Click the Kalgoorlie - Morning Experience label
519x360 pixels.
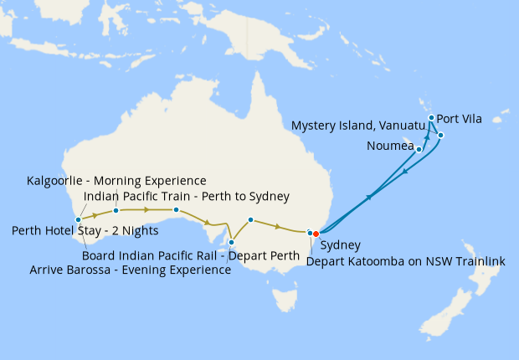pyautogui.click(x=116, y=181)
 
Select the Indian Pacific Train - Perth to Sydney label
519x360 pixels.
pyautogui.click(x=187, y=197)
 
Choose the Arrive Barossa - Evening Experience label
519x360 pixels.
pyautogui.click(x=130, y=270)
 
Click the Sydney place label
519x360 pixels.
pyautogui.click(x=341, y=246)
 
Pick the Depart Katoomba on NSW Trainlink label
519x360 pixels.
pyautogui.click(x=406, y=261)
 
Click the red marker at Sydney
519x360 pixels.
pyautogui.click(x=316, y=234)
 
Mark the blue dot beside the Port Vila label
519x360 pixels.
pyautogui.click(x=431, y=118)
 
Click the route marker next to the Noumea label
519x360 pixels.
pyautogui.click(x=419, y=150)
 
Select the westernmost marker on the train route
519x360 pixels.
pyautogui.click(x=78, y=219)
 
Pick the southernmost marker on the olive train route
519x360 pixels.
pyautogui.click(x=232, y=242)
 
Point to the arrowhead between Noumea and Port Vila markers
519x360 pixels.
pyautogui.click(x=426, y=136)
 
